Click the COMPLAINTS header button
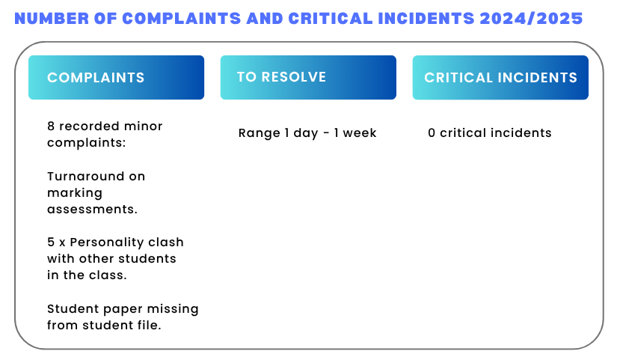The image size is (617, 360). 116,77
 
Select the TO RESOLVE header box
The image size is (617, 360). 308,77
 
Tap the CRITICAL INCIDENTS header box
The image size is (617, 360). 500,77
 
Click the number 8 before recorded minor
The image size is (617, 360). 51,126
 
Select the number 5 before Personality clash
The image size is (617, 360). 51,242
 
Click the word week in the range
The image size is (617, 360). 360,132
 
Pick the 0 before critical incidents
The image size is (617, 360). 432,132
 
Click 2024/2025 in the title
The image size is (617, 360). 531,19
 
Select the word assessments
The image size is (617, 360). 92,209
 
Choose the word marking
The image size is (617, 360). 75,193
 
